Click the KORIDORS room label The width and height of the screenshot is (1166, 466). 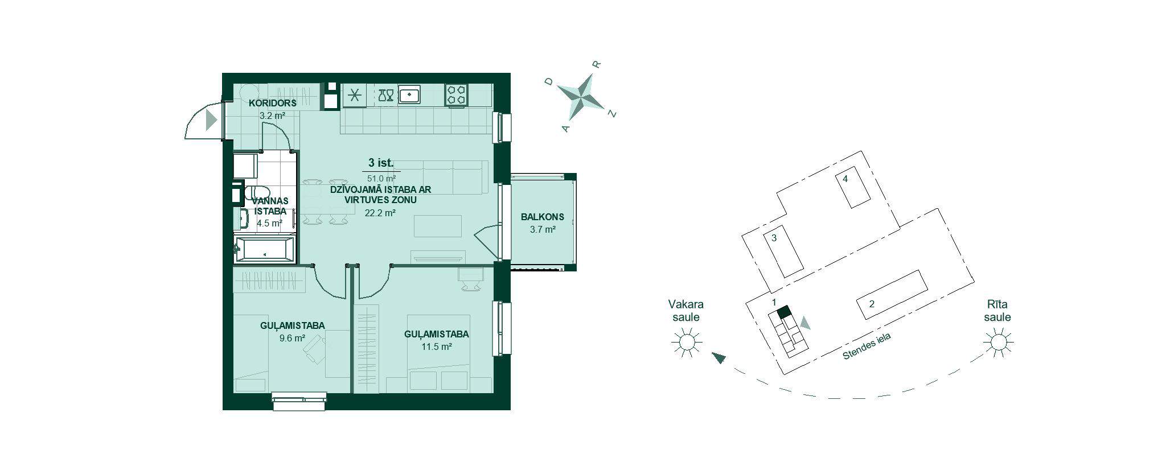tap(272, 103)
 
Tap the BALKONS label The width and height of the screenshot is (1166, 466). tap(542, 217)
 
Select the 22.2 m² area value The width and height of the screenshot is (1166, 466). tap(380, 213)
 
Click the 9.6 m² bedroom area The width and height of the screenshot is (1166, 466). tap(292, 337)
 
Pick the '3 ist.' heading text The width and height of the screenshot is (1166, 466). tap(381, 163)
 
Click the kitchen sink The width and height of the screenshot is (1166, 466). tap(409, 94)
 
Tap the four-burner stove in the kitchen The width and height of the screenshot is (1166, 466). tap(456, 94)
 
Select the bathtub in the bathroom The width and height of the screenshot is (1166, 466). tap(265, 249)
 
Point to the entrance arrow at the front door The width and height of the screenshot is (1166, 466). tap(211, 120)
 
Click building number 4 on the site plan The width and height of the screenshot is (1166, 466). tap(845, 179)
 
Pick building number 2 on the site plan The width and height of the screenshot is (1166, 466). tap(871, 304)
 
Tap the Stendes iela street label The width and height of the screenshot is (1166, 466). tap(867, 347)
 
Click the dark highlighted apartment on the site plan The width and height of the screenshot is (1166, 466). tap(784, 311)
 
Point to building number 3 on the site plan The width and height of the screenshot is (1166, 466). tap(774, 238)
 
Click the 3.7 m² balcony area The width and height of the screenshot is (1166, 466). tap(542, 229)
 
